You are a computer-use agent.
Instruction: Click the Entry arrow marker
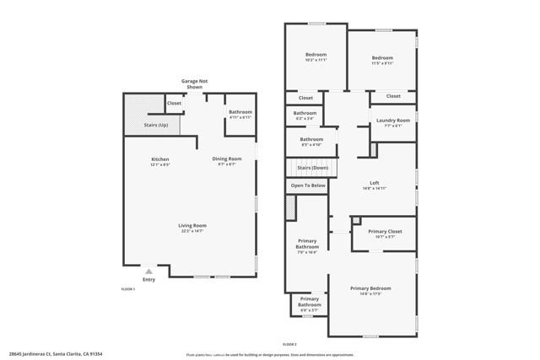coord(148,271)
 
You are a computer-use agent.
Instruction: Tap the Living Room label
coord(192,225)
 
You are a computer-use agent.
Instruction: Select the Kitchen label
coord(160,159)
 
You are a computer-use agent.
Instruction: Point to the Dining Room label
coord(226,159)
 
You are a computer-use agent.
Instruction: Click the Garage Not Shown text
coord(194,83)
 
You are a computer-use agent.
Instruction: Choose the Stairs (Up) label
coord(156,125)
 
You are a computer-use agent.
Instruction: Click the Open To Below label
coord(308,185)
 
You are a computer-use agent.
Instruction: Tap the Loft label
coord(375,183)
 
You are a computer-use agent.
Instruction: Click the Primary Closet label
coord(385,231)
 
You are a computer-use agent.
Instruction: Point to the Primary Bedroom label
coord(370,288)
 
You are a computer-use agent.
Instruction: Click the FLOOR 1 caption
coord(128,289)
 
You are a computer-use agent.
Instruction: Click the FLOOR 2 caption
coord(289,344)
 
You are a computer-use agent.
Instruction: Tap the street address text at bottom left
coord(57,354)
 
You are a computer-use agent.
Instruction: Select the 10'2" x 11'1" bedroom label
coord(316,60)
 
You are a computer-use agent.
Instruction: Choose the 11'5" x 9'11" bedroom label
coord(382,63)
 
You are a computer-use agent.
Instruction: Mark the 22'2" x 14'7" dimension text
coord(192,230)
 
